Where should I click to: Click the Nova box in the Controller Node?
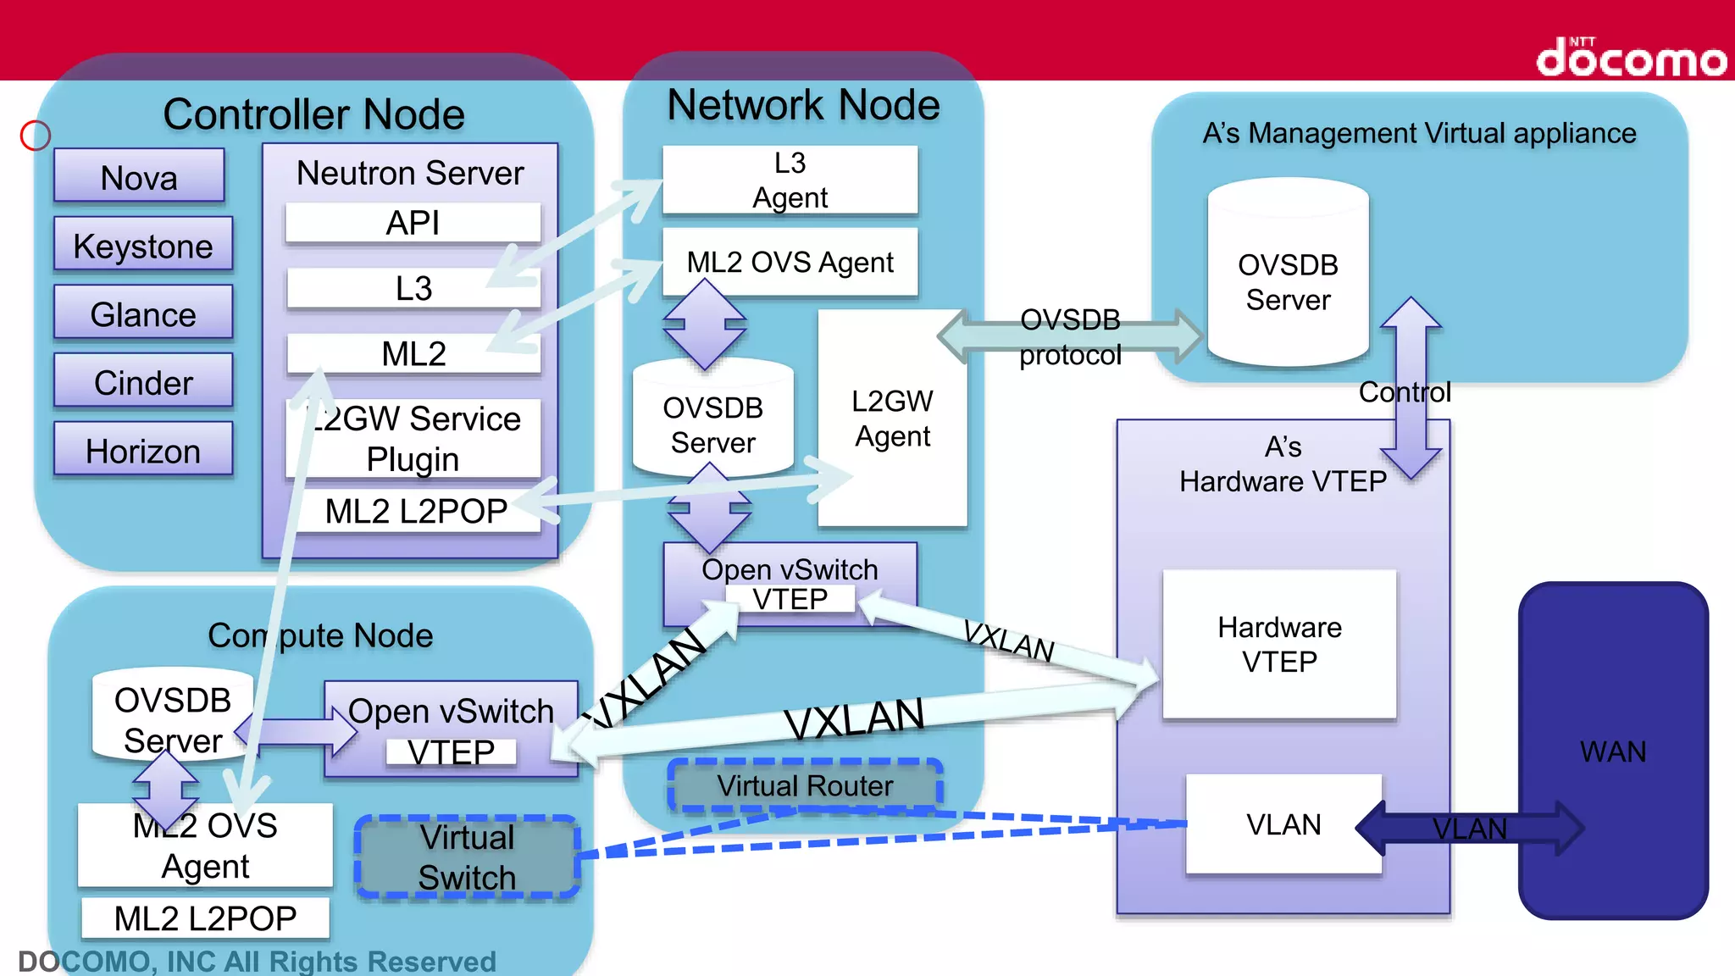point(139,176)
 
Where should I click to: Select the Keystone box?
point(142,245)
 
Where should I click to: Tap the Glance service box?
point(142,313)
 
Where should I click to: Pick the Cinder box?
point(142,382)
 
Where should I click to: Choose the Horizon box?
point(142,450)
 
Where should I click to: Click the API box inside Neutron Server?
point(413,223)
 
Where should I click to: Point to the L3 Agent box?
point(790,180)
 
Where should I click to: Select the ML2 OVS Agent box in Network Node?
point(790,262)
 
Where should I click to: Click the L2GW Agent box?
point(892,419)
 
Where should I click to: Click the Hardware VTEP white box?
point(1279,644)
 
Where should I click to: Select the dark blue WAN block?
point(1612,751)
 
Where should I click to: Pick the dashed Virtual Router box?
point(805,785)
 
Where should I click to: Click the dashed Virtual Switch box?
point(467,857)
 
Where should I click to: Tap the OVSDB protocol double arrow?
point(1070,336)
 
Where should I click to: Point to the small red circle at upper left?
point(36,136)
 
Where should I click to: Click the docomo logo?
point(1631,58)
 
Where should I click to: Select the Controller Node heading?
point(313,114)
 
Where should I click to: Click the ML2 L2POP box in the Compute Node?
point(205,918)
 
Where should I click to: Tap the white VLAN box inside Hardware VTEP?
point(1283,823)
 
